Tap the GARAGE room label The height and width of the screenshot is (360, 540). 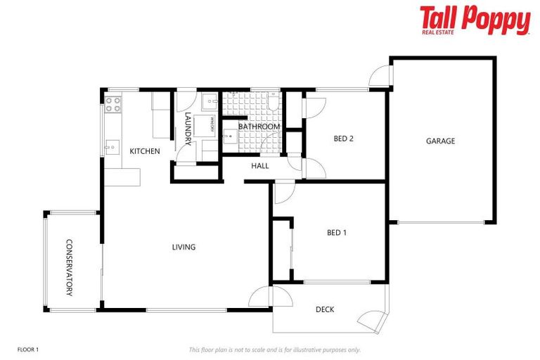[440, 141]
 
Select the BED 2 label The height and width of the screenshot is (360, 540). [343, 139]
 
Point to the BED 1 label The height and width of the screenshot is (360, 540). [337, 233]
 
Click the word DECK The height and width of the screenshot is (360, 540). [324, 309]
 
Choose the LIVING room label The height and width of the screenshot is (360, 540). [184, 247]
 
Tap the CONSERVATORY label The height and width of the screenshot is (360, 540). [69, 268]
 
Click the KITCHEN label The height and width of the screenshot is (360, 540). [145, 151]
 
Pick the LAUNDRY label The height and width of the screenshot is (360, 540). [188, 129]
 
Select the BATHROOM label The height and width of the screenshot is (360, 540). [259, 127]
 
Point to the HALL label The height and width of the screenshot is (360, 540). [260, 166]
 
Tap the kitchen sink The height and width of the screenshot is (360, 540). [112, 148]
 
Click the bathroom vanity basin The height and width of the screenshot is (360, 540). [229, 136]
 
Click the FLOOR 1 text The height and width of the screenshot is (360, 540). [27, 349]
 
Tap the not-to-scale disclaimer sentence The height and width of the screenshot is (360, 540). [274, 349]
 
